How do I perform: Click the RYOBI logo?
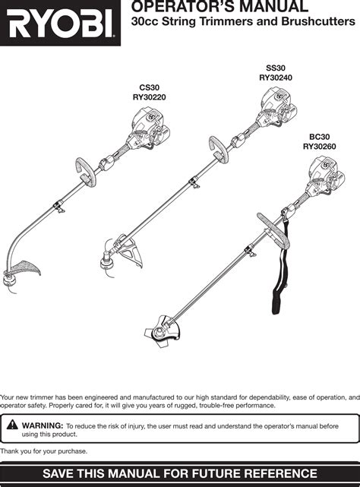click(60, 23)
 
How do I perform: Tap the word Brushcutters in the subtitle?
click(318, 21)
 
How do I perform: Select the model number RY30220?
click(150, 97)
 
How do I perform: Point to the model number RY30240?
click(276, 77)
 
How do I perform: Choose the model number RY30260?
click(319, 147)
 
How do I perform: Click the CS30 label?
click(150, 87)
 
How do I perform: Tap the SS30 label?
click(276, 68)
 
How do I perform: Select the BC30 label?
click(319, 137)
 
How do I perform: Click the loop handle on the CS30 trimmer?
click(86, 172)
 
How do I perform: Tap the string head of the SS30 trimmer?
click(108, 261)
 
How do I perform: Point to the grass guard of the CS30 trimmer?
click(26, 267)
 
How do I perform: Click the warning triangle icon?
click(12, 424)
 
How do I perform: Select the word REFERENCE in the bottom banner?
click(280, 473)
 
